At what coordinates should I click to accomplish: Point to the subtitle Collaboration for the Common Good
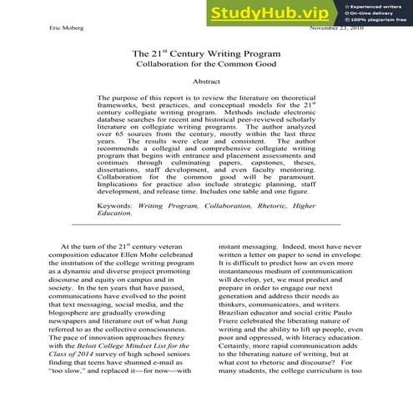pyautogui.click(x=206, y=64)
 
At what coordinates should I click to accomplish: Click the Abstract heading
pyautogui.click(x=206, y=83)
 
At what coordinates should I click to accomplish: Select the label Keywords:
pyautogui.click(x=115, y=204)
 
